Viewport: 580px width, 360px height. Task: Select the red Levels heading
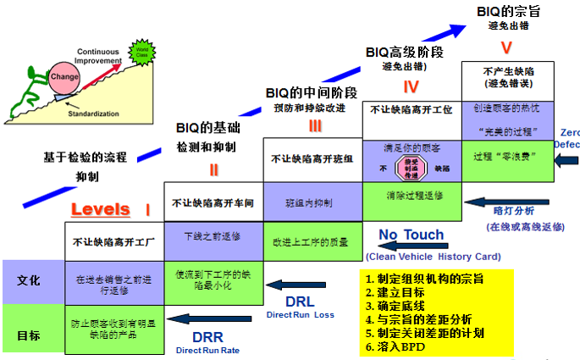pyautogui.click(x=101, y=208)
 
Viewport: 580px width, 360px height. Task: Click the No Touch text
pyautogui.click(x=411, y=235)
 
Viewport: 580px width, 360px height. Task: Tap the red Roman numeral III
pyautogui.click(x=315, y=126)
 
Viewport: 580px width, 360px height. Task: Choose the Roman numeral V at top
pyautogui.click(x=506, y=47)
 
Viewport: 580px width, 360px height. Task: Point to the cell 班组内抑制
pyautogui.click(x=312, y=203)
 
